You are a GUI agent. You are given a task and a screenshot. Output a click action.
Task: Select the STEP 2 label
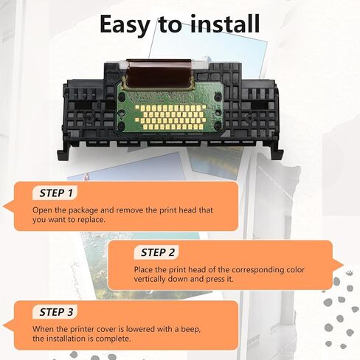[158, 252]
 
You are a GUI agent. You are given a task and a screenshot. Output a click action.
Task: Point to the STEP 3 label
[57, 311]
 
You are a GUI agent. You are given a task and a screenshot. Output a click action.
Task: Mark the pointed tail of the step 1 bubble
[7, 206]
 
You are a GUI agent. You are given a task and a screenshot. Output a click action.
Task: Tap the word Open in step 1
[41, 210]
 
